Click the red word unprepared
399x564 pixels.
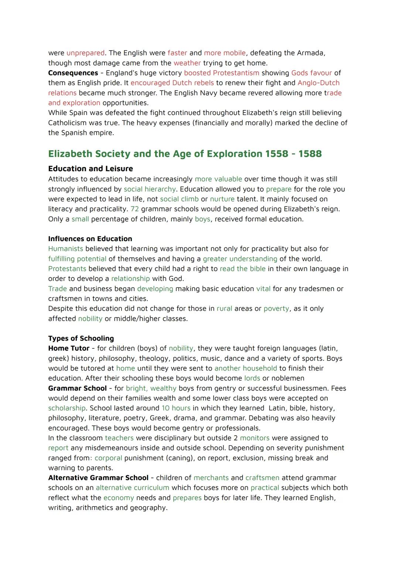85,53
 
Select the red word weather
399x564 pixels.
187,63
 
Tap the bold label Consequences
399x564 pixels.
73,73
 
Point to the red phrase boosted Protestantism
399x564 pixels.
221,73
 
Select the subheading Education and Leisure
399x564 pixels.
91,169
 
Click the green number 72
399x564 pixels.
134,209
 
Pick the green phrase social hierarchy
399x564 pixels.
150,189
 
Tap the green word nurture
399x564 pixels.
222,199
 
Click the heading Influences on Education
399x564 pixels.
90,239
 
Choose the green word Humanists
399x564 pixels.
65,249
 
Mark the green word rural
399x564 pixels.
224,308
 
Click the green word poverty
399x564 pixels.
276,308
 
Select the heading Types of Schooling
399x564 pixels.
81,338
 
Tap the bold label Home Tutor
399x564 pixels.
69,348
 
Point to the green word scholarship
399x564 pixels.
66,408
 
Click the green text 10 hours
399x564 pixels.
176,408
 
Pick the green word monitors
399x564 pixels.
255,438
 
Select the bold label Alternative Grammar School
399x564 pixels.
98,478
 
